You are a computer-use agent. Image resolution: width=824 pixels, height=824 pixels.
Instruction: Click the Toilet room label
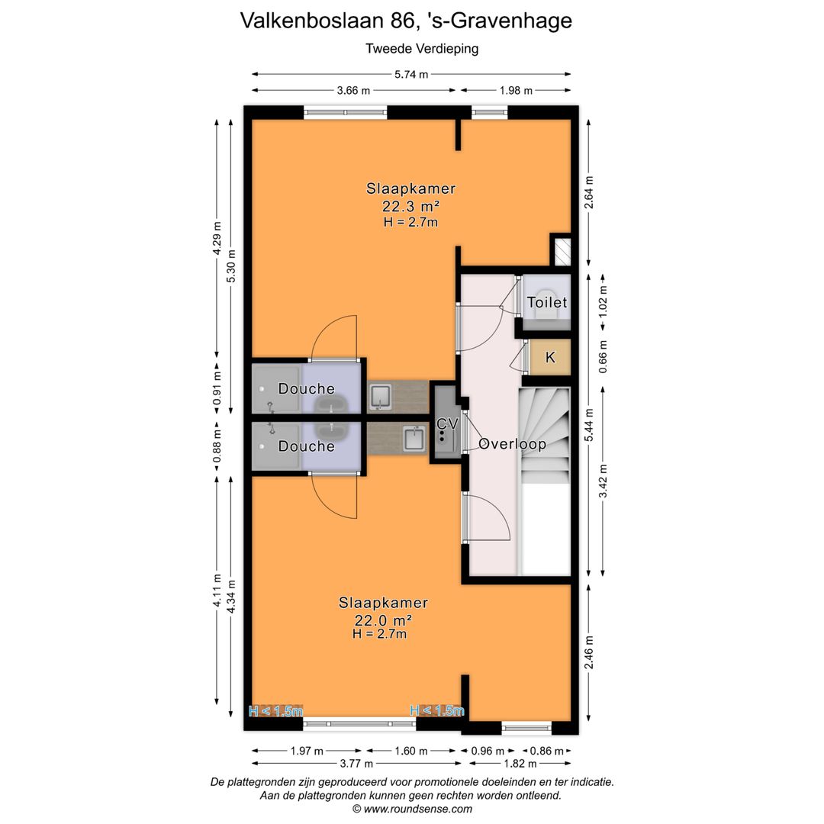[x=547, y=303]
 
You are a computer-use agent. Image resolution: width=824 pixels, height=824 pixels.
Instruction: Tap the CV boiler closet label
[x=447, y=423]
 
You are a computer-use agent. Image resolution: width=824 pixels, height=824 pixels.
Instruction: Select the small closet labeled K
[x=550, y=357]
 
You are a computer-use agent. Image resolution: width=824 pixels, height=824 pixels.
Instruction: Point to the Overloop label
[x=512, y=444]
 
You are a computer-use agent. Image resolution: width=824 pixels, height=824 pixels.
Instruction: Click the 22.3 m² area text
[x=410, y=206]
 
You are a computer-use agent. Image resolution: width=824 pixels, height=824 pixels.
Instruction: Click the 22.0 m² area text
[x=384, y=620]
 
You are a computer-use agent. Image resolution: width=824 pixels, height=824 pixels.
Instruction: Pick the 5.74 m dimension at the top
[x=411, y=74]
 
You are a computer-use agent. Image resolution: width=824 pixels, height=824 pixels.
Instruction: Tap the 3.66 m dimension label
[x=353, y=91]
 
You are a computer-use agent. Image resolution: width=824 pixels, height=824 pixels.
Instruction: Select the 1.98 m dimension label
[x=516, y=91]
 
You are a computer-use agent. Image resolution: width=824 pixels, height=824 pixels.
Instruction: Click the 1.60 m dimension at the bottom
[x=413, y=751]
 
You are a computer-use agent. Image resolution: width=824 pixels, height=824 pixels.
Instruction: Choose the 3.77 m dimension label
[x=356, y=764]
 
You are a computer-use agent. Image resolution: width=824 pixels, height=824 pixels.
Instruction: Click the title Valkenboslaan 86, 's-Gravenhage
[x=406, y=21]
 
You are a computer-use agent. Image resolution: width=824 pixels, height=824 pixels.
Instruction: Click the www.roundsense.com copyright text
[x=412, y=809]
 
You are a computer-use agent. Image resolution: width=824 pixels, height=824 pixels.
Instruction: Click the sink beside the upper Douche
[x=380, y=396]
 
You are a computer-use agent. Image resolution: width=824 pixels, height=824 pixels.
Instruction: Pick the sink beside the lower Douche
[x=414, y=439]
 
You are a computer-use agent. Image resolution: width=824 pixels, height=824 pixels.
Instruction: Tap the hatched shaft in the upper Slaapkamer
[x=562, y=252]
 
